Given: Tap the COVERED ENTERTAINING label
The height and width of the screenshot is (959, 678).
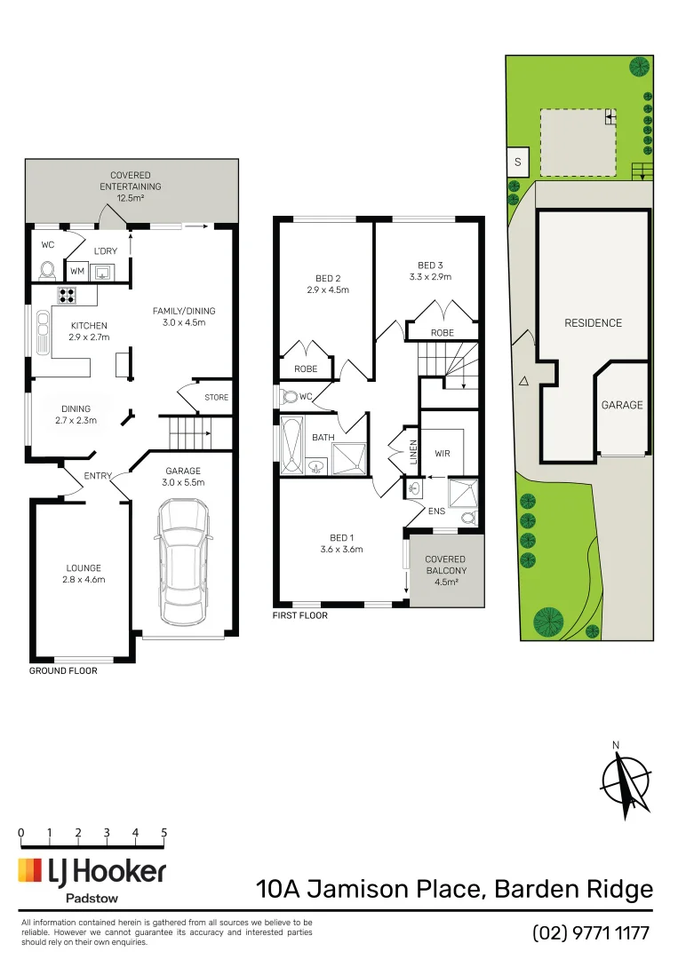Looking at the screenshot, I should pyautogui.click(x=131, y=181).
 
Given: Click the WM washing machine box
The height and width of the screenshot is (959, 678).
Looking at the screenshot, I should pyautogui.click(x=76, y=271).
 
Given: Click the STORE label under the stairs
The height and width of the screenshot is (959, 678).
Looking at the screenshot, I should pyautogui.click(x=217, y=398).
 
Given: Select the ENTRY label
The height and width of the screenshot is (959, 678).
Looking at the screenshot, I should pyautogui.click(x=98, y=476).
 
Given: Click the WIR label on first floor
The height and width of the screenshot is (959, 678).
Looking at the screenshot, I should pyautogui.click(x=443, y=454).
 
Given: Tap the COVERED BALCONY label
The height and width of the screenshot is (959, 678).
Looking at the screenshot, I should pyautogui.click(x=445, y=565).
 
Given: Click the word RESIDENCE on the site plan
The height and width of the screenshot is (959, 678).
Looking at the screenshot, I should pyautogui.click(x=593, y=323).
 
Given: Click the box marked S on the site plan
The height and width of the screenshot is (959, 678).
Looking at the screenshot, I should pyautogui.click(x=517, y=162).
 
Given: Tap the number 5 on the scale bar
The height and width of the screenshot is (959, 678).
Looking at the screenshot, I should pyautogui.click(x=164, y=832).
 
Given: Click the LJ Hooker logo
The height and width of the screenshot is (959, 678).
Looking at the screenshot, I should pyautogui.click(x=92, y=872).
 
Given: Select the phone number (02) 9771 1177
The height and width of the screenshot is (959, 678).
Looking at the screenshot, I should pyautogui.click(x=591, y=933).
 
